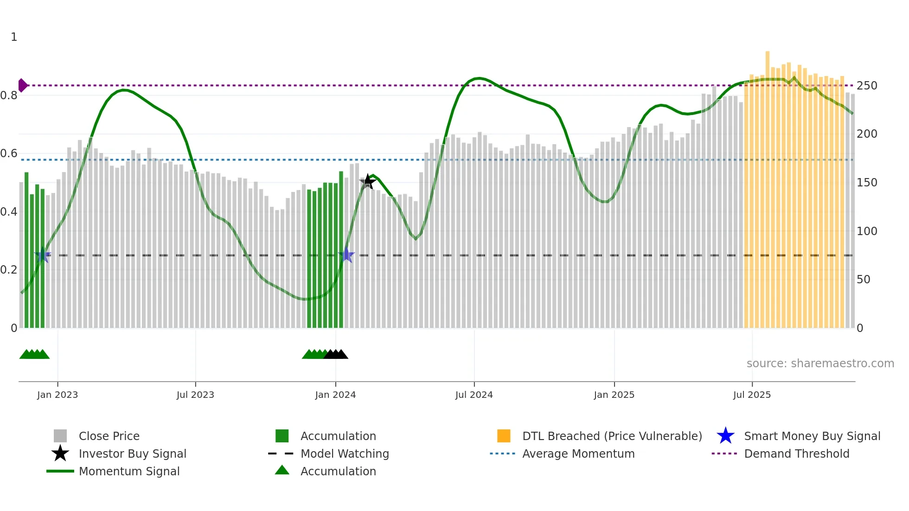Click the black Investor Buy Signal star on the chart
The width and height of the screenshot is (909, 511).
[368, 182]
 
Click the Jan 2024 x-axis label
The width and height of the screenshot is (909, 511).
[335, 395]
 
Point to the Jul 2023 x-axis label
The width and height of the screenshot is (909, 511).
[195, 395]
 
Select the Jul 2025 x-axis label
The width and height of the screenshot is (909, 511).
[752, 395]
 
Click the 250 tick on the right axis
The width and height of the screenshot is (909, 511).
[867, 86]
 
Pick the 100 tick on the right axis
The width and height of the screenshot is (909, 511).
[867, 231]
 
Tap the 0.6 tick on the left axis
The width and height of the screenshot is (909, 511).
[9, 153]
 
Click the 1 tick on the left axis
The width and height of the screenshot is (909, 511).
[14, 37]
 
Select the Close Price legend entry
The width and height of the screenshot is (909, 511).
[109, 436]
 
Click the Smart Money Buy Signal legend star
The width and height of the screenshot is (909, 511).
[725, 436]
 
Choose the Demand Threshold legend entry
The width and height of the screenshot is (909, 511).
[796, 454]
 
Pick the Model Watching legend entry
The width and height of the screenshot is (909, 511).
[345, 454]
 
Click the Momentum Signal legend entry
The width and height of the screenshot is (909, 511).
[129, 471]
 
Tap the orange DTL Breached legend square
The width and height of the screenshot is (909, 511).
[504, 436]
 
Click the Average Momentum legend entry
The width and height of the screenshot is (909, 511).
[578, 454]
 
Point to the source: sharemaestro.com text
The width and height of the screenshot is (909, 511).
[820, 364]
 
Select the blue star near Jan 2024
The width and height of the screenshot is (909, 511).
[346, 255]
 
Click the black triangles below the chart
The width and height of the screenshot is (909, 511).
[336, 354]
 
